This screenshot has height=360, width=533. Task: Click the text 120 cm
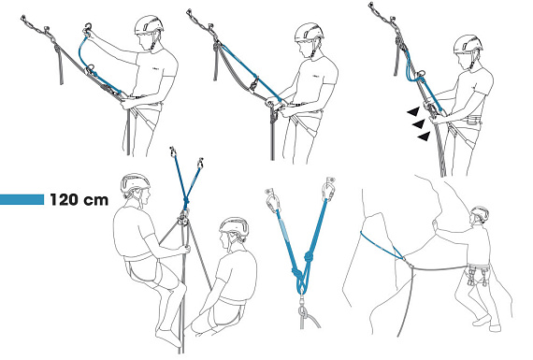79,199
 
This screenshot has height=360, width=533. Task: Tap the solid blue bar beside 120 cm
22,199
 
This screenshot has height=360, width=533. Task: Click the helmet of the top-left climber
149,25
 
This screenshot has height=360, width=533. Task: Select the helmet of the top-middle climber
309,33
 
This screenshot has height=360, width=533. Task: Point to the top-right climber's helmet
468,44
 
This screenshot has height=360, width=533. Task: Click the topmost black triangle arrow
413,111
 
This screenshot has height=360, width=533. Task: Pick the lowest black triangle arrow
424,137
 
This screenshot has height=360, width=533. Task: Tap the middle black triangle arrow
419,124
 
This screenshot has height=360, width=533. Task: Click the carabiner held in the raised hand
88,28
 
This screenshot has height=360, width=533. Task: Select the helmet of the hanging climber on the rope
135,183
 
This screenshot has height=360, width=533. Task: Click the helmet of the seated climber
235,227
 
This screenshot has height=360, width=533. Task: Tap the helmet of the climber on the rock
480,213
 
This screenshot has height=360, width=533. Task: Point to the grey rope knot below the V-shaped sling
302,311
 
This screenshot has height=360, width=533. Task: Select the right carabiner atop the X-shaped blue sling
200,164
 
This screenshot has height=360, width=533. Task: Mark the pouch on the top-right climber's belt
473,120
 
